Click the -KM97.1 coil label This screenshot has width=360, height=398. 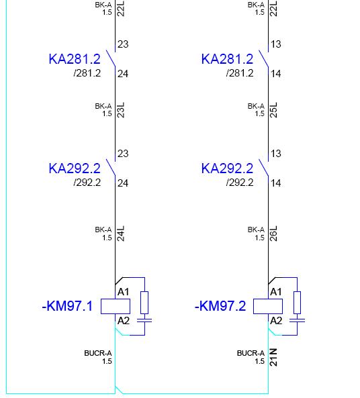pos(67,306)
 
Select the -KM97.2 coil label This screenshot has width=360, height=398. pos(220,306)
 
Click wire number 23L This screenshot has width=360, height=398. pos(121,110)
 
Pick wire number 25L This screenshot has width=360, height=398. pos(273,110)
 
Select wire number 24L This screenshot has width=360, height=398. pos(121,234)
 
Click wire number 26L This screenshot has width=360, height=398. pos(273,234)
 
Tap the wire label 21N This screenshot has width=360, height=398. pos(273,357)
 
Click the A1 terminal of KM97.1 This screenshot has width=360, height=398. pos(123,292)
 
